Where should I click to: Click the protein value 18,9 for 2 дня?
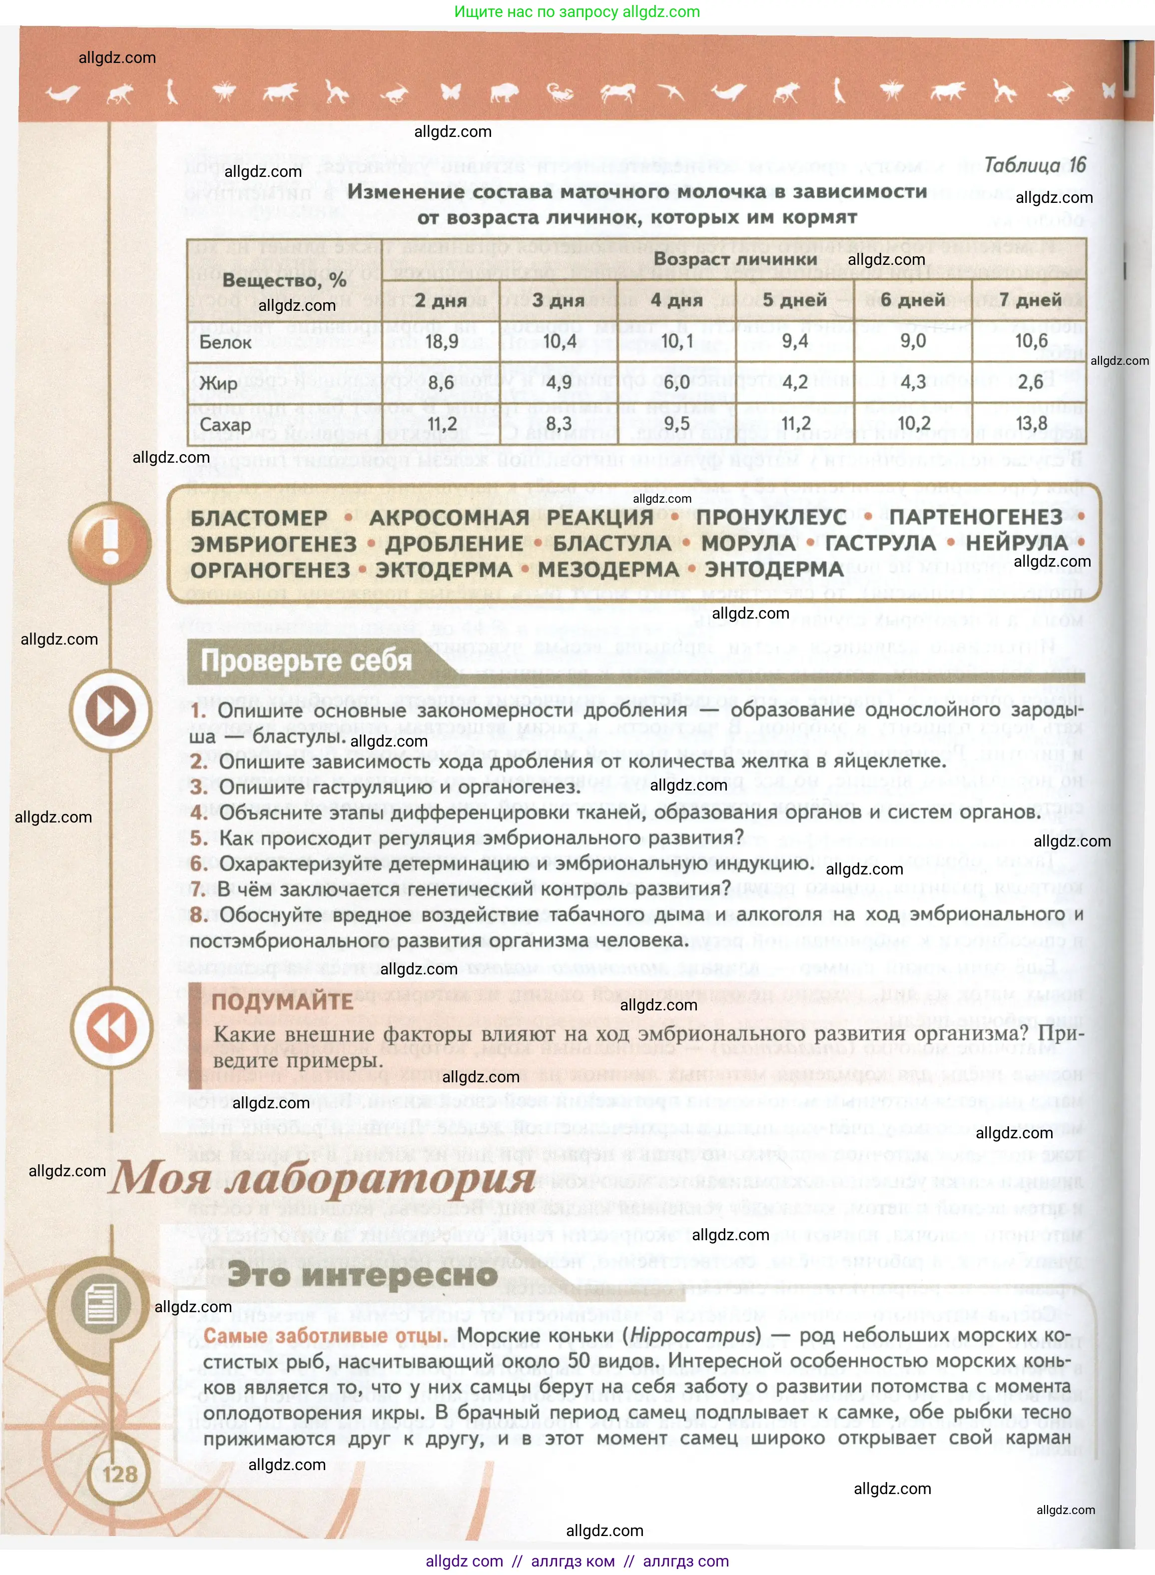pyautogui.click(x=441, y=341)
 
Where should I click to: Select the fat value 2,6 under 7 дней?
pyautogui.click(x=1030, y=382)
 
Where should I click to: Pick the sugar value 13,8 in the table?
pyautogui.click(x=1031, y=423)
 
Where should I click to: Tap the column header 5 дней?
pyautogui.click(x=794, y=300)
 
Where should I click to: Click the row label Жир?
pyautogui.click(x=218, y=383)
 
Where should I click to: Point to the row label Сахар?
pyautogui.click(x=225, y=425)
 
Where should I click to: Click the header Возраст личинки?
pyautogui.click(x=735, y=259)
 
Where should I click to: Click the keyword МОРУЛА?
pyautogui.click(x=747, y=544)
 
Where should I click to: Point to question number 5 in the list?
pyautogui.click(x=198, y=838)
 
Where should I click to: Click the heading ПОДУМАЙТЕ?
pyautogui.click(x=282, y=1001)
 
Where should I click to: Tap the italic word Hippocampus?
pyautogui.click(x=694, y=1335)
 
